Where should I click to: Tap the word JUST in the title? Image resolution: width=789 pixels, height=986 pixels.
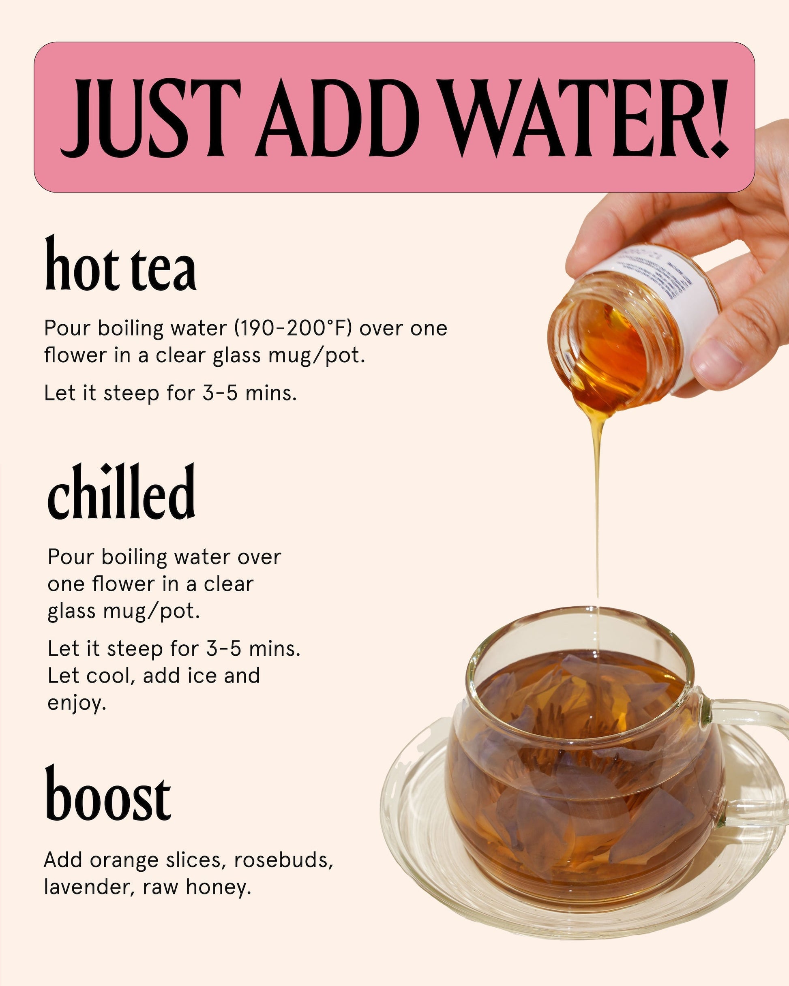151,118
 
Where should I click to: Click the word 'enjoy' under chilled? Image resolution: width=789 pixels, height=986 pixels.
75,703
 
